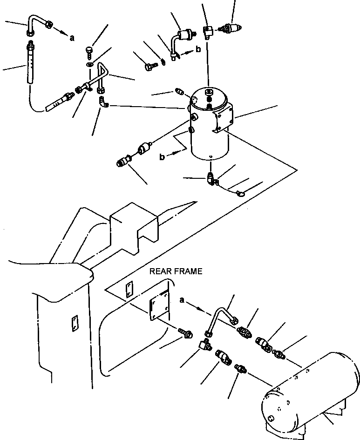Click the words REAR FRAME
(x=176, y=271)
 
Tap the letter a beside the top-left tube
(x=72, y=38)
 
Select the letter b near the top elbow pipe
(x=198, y=49)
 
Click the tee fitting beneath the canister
(x=211, y=178)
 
